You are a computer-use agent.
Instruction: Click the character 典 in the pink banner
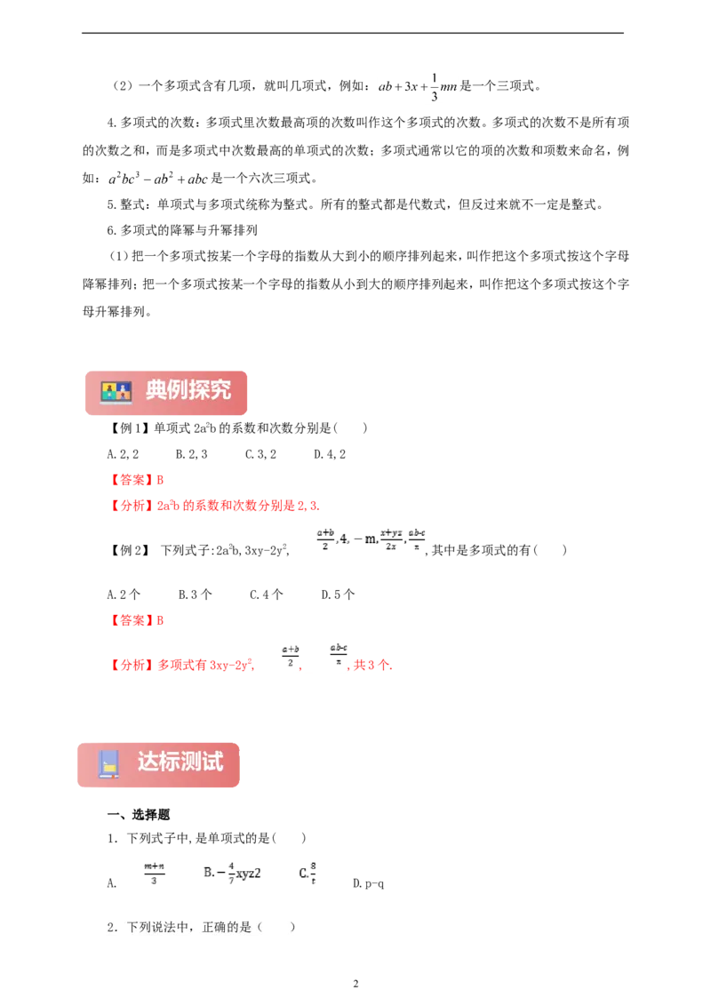point(156,390)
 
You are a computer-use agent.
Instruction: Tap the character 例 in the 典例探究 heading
point(178,390)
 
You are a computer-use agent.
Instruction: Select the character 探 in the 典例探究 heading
point(199,390)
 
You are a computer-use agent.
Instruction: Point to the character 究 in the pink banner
point(220,390)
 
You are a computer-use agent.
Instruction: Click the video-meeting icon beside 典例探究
point(116,392)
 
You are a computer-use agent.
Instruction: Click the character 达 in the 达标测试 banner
point(148,762)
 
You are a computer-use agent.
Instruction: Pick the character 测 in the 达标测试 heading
point(191,762)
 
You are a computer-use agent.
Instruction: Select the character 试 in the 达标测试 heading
point(212,762)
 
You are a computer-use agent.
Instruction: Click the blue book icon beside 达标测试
point(108,764)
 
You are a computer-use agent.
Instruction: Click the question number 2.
point(111,927)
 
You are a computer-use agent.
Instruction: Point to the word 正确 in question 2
point(214,927)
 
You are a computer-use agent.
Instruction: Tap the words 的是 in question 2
point(240,927)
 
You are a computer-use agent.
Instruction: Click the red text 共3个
point(372,665)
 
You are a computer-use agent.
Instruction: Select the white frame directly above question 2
point(217,874)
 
